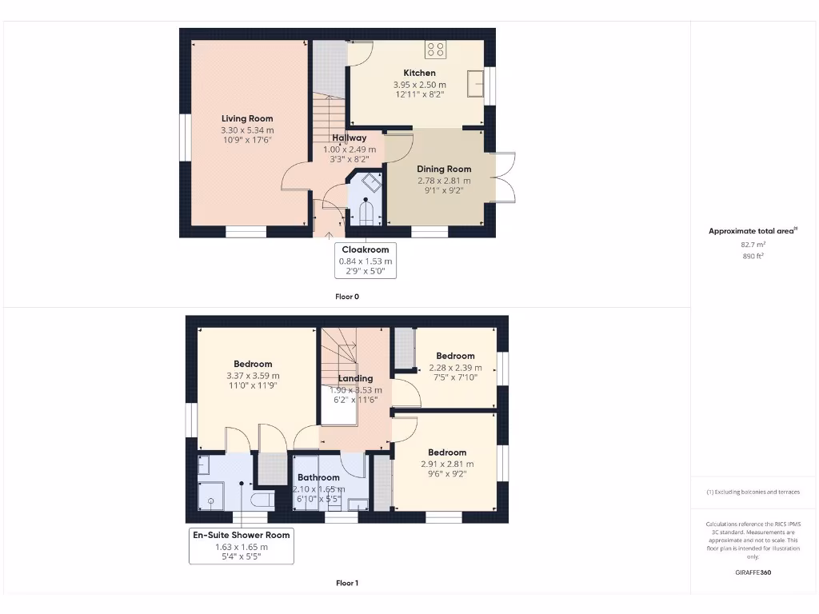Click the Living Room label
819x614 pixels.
tap(247, 118)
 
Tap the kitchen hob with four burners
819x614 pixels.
tap(436, 50)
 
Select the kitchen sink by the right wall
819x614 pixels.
tap(477, 82)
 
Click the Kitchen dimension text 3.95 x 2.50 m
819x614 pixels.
tap(419, 85)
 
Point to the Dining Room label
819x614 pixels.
tap(444, 169)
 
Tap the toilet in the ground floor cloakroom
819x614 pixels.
tap(366, 213)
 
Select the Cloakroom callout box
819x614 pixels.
tap(366, 260)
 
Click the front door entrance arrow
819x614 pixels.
tap(329, 234)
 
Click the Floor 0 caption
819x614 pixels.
tap(347, 297)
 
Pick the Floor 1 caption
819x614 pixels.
tap(347, 583)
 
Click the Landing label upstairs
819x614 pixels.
tap(355, 378)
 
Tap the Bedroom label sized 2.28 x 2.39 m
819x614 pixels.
tap(455, 356)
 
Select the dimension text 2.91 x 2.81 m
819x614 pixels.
tap(447, 464)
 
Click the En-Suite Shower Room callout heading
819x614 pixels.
tap(241, 535)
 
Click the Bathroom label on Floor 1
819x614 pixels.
tap(318, 477)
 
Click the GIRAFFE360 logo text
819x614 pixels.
tap(753, 572)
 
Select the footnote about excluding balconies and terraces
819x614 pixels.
tap(753, 492)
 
